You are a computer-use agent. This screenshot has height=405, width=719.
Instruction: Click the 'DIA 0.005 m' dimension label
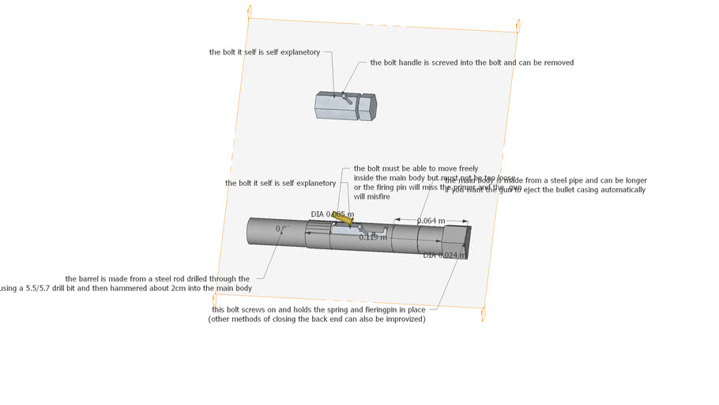pyautogui.click(x=332, y=214)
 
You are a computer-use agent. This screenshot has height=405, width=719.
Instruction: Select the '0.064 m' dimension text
pyautogui.click(x=431, y=221)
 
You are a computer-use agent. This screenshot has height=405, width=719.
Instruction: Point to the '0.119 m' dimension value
pyautogui.click(x=373, y=237)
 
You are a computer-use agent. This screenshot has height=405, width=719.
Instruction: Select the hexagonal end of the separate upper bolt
pyautogui.click(x=367, y=106)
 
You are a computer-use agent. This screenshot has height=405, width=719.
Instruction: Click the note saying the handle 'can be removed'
pyautogui.click(x=472, y=62)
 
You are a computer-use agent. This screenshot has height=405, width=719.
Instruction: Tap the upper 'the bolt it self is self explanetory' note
pyautogui.click(x=265, y=52)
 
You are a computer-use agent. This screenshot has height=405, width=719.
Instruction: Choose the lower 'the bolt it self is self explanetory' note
pyautogui.click(x=280, y=183)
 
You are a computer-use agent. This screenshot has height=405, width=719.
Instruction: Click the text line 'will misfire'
pyautogui.click(x=371, y=197)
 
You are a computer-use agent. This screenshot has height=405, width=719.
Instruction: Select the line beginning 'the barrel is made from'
pyautogui.click(x=157, y=278)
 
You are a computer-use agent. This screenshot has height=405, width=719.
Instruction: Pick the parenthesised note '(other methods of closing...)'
pyautogui.click(x=317, y=319)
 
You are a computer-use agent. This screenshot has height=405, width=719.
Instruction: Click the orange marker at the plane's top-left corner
pyautogui.click(x=250, y=11)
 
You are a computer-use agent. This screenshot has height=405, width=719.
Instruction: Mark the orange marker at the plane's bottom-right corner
pyautogui.click(x=483, y=314)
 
